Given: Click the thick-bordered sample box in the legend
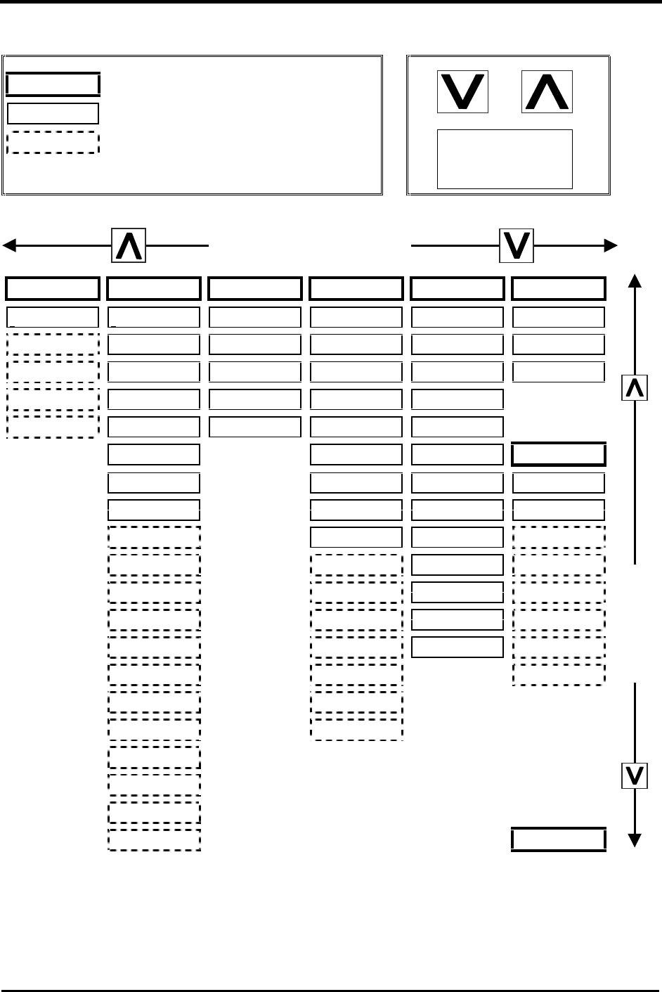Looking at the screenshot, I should pyautogui.click(x=53, y=84).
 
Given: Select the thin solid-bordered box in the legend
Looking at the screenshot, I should pyautogui.click(x=53, y=113).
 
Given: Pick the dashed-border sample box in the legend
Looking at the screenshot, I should pyautogui.click(x=53, y=142).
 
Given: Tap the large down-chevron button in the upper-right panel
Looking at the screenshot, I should pyautogui.click(x=462, y=92).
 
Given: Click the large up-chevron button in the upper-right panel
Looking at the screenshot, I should pyautogui.click(x=547, y=92).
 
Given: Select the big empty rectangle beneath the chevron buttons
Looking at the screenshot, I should pyautogui.click(x=505, y=159).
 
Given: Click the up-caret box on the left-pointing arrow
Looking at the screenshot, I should pyautogui.click(x=129, y=245).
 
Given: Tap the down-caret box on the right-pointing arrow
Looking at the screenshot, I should pyautogui.click(x=517, y=245).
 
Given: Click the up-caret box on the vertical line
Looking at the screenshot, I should pyautogui.click(x=635, y=387).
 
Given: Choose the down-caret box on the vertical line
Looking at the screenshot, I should pyautogui.click(x=635, y=775).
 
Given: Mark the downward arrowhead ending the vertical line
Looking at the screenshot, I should pyautogui.click(x=635, y=840).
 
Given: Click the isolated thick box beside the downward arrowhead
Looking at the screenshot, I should pyautogui.click(x=559, y=840).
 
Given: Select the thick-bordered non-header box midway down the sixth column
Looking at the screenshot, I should pyautogui.click(x=559, y=455).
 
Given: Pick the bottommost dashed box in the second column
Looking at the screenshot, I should pyautogui.click(x=154, y=840).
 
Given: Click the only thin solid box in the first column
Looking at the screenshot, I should pyautogui.click(x=53, y=317).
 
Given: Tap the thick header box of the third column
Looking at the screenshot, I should pyautogui.click(x=255, y=289).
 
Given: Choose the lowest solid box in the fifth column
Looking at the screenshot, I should pyautogui.click(x=457, y=646).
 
